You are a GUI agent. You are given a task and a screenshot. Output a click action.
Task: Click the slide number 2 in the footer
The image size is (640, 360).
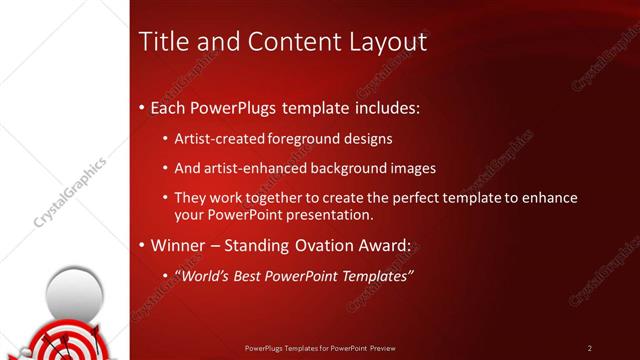(589, 348)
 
